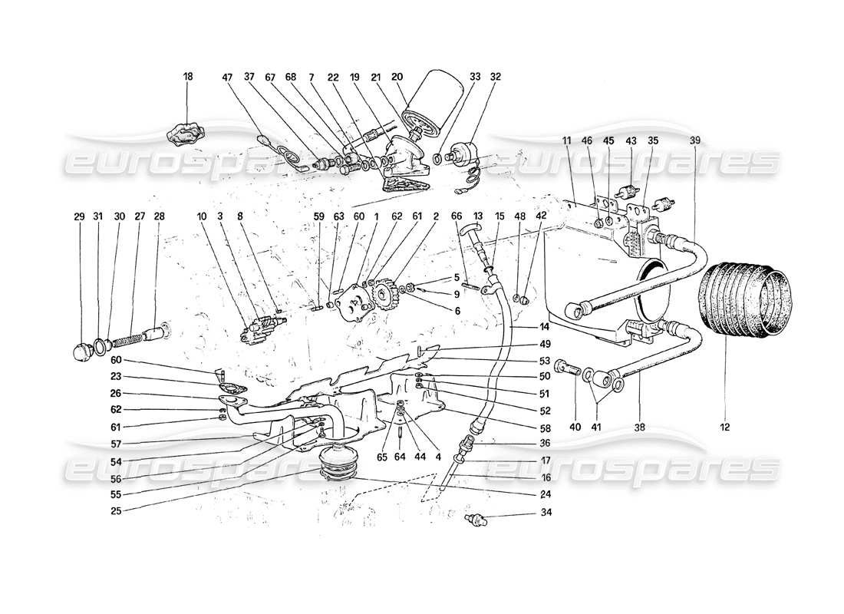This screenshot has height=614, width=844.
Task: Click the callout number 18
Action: click(189, 77)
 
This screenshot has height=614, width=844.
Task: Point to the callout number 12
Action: click(726, 426)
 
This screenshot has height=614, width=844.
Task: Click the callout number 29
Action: click(80, 217)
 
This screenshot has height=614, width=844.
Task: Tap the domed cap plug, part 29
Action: click(81, 354)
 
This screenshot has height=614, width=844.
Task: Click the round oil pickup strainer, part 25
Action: click(339, 466)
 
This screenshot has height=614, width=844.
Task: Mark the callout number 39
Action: click(695, 140)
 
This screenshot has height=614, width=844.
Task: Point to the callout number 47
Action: click(227, 77)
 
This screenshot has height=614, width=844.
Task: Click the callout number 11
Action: click(567, 140)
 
